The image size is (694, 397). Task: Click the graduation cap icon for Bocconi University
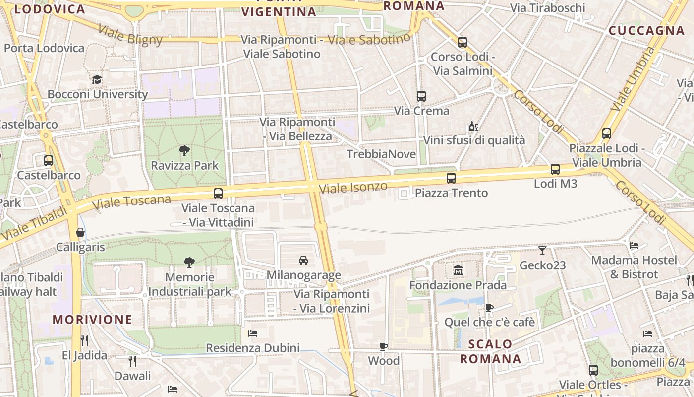click(97, 79)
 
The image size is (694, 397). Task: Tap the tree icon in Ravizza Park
click(184, 150)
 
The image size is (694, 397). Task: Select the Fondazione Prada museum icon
click(458, 270)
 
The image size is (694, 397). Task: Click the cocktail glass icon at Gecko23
click(542, 251)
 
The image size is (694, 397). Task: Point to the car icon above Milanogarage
click(303, 260)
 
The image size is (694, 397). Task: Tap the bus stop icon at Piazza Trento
click(451, 178)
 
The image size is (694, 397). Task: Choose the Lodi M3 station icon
click(555, 169)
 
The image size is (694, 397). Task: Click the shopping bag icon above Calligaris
click(80, 232)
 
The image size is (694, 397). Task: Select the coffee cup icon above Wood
click(384, 346)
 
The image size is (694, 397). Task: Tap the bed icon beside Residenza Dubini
click(253, 333)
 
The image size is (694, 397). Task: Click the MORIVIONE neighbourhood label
click(93, 319)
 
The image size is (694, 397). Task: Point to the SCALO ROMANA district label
click(490, 351)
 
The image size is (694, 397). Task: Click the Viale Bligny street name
click(130, 35)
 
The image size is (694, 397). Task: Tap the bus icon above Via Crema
click(421, 96)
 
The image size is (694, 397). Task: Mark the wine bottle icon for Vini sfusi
click(474, 127)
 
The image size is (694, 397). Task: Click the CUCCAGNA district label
click(646, 31)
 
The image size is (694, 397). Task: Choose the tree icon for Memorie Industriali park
click(189, 263)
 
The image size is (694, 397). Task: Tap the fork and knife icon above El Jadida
click(84, 340)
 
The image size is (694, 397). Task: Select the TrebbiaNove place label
click(381, 154)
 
